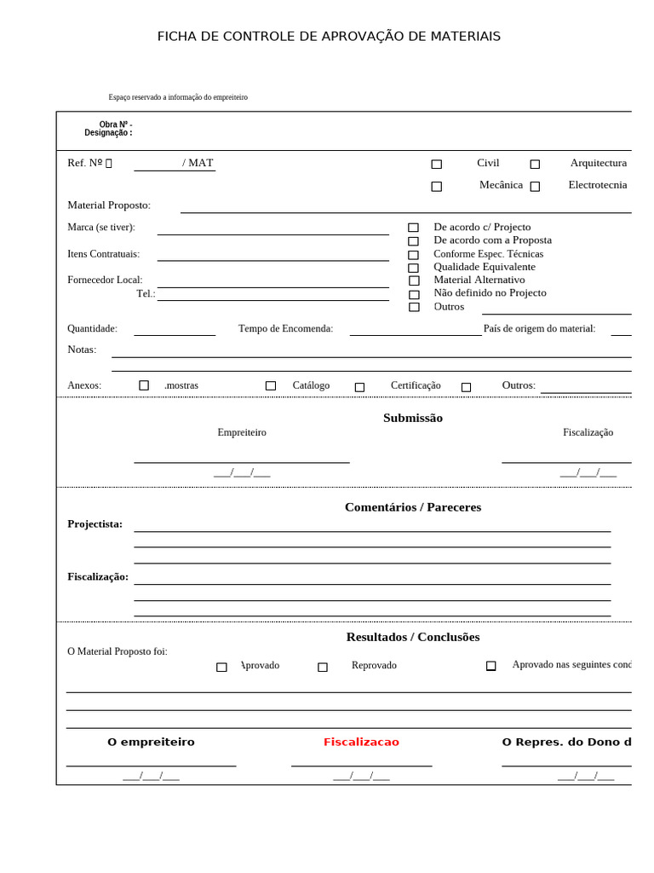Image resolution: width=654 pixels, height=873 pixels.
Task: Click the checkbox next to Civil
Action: (436, 165)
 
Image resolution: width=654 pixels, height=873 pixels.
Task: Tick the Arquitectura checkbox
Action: (535, 165)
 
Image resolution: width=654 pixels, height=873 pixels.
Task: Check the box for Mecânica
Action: (436, 187)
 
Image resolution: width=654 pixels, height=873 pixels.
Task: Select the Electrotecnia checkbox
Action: (535, 187)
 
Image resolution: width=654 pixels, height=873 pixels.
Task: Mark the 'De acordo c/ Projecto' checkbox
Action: (413, 228)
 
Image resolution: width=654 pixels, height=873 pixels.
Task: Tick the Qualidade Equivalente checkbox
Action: (413, 268)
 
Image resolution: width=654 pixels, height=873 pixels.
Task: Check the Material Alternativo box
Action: (414, 280)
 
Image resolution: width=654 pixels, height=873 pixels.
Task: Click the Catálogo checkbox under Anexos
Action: (271, 386)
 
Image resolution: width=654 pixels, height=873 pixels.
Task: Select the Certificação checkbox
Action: (359, 387)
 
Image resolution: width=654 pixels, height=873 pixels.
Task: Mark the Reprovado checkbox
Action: (323, 668)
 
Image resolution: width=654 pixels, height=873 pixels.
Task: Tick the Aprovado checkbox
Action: (221, 668)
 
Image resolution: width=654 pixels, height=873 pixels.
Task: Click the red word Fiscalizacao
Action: (361, 743)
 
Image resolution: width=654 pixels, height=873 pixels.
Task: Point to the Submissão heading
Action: (413, 418)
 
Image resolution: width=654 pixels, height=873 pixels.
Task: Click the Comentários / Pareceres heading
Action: (413, 507)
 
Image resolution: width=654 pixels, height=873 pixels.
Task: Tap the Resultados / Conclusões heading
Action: (413, 637)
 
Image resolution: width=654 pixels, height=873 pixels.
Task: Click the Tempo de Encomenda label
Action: (285, 329)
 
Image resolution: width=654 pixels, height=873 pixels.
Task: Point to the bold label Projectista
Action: (95, 524)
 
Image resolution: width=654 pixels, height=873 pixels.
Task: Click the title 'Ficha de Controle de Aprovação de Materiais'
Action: (329, 37)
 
